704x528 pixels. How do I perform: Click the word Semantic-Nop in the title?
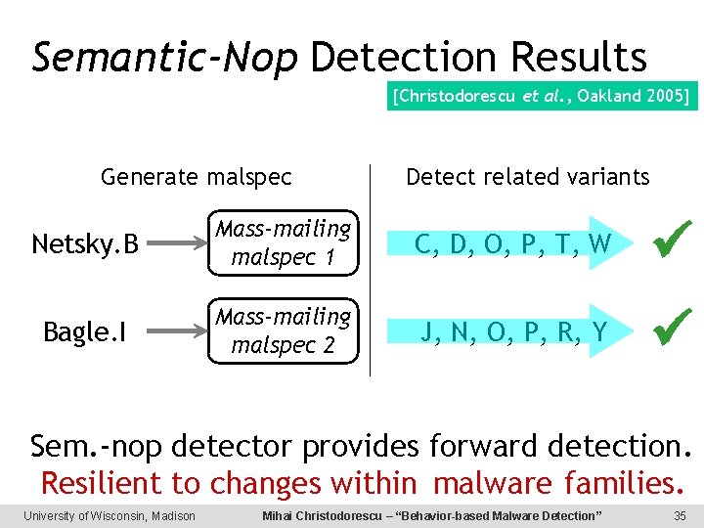[164, 59]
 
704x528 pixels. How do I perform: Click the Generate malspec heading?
[197, 177]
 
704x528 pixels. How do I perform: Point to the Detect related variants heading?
[527, 177]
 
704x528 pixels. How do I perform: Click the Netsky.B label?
[84, 243]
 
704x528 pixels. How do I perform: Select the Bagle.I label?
[86, 332]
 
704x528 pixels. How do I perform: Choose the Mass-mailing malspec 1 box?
[284, 243]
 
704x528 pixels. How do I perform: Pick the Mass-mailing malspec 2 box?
[284, 331]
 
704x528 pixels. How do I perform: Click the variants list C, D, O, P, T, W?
[513, 243]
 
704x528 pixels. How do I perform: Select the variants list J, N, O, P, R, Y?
[513, 332]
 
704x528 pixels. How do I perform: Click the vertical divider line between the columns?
[371, 269]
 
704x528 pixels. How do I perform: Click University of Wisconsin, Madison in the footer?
[110, 516]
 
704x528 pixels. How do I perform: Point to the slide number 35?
[680, 516]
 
